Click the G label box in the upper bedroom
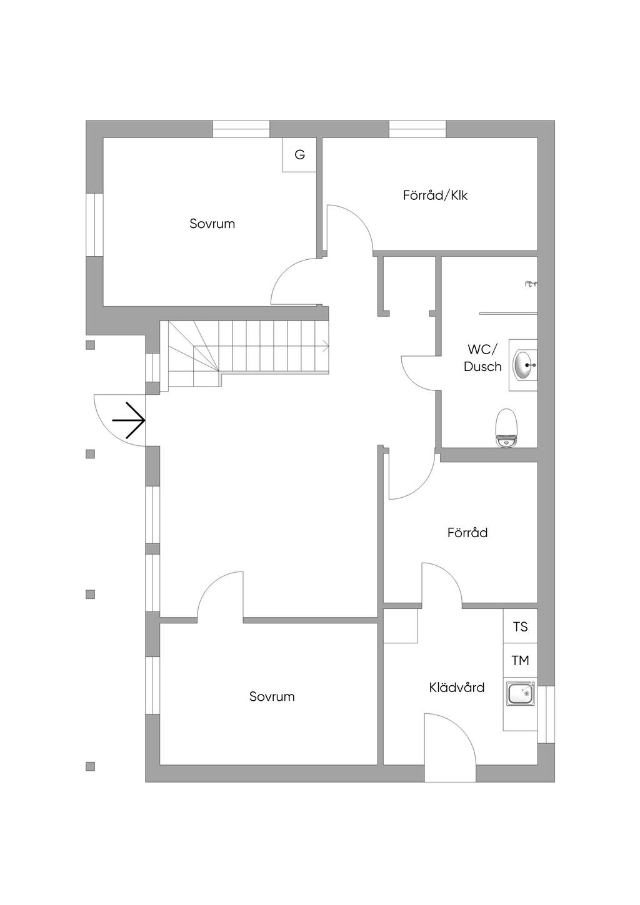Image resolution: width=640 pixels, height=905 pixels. click(299, 155)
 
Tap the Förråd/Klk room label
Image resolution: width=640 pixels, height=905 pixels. click(435, 195)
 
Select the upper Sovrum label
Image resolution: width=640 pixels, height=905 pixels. click(212, 224)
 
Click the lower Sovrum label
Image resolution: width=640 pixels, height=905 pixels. click(272, 696)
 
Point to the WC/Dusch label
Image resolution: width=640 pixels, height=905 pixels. click(482, 358)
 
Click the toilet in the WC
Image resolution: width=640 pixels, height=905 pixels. click(506, 428)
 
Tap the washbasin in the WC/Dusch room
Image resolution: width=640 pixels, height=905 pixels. click(524, 365)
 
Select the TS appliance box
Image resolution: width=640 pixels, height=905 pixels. click(520, 626)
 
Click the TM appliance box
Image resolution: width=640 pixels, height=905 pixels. click(520, 660)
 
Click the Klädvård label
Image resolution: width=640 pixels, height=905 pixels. click(457, 688)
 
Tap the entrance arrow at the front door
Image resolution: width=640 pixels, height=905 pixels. click(129, 420)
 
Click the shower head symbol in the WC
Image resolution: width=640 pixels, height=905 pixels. click(531, 284)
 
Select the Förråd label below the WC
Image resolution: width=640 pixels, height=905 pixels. click(467, 533)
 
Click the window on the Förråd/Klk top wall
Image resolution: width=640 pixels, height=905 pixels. click(417, 129)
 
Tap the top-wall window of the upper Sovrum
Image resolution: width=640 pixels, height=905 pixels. click(241, 129)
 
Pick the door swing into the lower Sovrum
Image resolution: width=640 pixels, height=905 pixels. click(220, 596)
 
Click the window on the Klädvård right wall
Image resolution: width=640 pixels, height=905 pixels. click(546, 714)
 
